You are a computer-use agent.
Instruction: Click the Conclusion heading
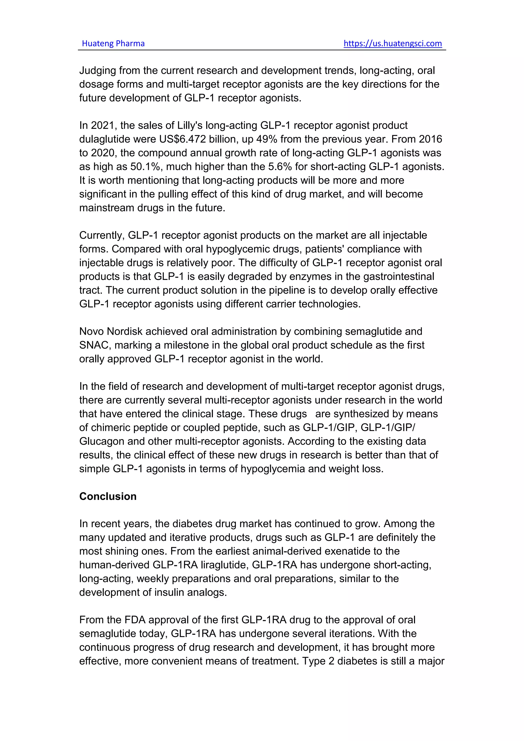108,496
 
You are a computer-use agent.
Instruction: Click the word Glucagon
102,441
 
